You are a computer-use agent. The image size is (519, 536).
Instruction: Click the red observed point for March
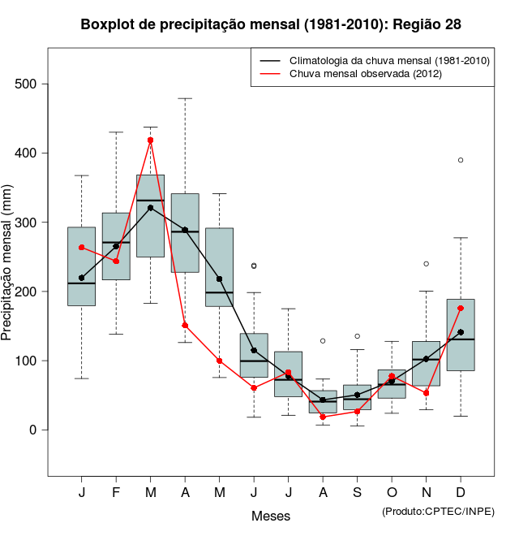(x=151, y=140)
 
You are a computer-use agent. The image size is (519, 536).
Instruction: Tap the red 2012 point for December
(x=461, y=308)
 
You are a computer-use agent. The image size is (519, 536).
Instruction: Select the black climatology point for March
(x=151, y=208)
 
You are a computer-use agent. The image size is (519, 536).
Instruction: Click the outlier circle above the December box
(x=461, y=160)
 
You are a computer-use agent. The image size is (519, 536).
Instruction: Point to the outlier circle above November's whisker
(x=426, y=264)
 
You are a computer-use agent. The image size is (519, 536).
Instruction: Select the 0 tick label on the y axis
(x=36, y=430)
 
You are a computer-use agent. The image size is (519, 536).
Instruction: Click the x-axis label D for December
(x=461, y=494)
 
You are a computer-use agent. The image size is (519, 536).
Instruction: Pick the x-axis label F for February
(x=116, y=494)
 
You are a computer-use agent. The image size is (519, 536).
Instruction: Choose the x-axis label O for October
(x=392, y=494)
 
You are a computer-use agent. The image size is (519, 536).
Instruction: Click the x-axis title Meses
(x=271, y=516)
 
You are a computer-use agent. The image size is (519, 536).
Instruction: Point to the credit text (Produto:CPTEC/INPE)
(x=438, y=511)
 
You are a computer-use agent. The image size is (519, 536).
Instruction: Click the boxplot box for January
(x=81, y=266)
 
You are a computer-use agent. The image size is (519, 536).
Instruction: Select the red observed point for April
(x=185, y=325)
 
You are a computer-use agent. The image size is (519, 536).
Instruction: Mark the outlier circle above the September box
(x=358, y=336)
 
